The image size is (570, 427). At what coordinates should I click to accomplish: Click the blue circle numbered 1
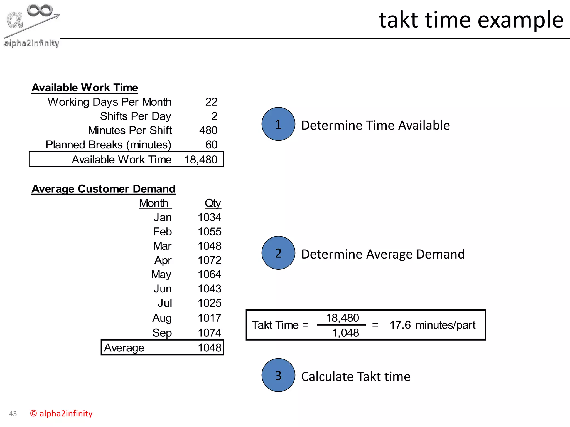click(x=278, y=124)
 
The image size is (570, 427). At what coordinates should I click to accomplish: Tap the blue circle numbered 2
click(x=278, y=253)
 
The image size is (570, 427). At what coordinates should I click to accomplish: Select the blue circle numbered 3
click(x=278, y=375)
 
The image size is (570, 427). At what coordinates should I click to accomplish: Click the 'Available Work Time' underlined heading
click(x=85, y=88)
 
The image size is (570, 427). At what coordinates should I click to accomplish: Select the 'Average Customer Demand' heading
click(x=103, y=189)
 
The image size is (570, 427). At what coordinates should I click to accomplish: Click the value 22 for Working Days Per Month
click(x=211, y=102)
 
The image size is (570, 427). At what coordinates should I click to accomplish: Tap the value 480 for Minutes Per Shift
click(x=208, y=130)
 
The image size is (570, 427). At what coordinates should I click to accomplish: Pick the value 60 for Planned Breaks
click(x=211, y=145)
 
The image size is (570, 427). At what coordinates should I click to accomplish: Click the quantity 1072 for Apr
click(x=209, y=260)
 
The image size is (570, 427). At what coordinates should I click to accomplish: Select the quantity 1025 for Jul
click(x=209, y=303)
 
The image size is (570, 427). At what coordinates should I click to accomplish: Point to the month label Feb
click(x=162, y=232)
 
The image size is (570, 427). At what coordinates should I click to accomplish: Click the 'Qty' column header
click(x=213, y=203)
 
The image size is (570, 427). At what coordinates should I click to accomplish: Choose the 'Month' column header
click(x=154, y=203)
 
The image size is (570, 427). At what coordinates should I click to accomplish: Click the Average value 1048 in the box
click(x=209, y=347)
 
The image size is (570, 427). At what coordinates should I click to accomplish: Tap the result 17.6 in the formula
click(x=400, y=325)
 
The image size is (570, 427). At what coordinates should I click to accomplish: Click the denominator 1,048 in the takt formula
click(x=345, y=333)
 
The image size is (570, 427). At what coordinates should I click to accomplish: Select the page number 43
click(x=13, y=414)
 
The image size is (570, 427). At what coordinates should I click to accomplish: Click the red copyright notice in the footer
click(x=61, y=413)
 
